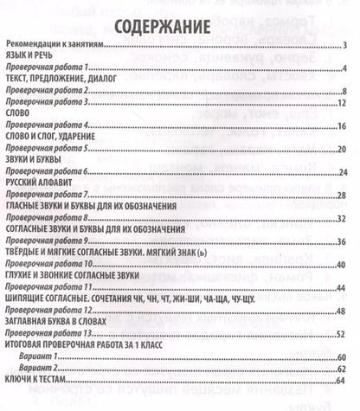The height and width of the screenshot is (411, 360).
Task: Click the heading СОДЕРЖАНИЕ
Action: (x=179, y=24)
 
